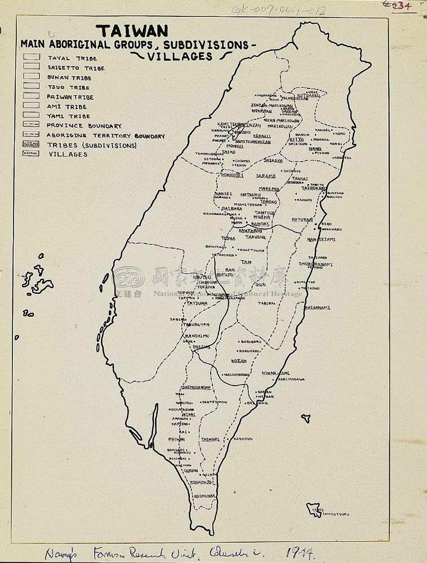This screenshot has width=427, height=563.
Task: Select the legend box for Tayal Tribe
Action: [x=32, y=57]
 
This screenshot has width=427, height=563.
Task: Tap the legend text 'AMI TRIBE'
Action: [x=67, y=106]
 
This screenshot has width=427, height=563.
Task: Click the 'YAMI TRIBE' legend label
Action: [x=69, y=116]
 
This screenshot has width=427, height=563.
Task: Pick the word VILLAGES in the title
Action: [x=181, y=56]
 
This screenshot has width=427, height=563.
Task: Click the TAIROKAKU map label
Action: [x=314, y=187]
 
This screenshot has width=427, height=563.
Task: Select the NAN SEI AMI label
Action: [x=321, y=239]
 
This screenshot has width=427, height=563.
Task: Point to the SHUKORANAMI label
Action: [x=315, y=264]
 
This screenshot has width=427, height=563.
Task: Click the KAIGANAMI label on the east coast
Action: [x=317, y=307]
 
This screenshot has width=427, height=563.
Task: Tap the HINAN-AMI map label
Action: [x=275, y=373]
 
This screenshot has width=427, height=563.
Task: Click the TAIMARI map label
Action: [x=210, y=438]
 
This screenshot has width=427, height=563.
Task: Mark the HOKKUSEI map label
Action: [x=232, y=175]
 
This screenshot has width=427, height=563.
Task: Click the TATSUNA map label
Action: [x=197, y=303]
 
